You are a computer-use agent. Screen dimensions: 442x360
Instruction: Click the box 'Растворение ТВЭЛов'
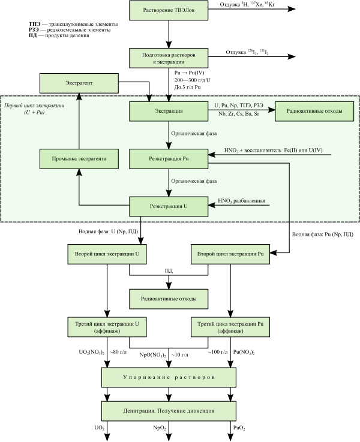pos(168,10)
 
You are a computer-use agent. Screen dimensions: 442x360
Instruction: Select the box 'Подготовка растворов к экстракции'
pos(168,58)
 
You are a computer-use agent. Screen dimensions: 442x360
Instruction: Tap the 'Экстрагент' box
pos(79,83)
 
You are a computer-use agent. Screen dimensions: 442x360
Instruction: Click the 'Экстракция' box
pos(168,111)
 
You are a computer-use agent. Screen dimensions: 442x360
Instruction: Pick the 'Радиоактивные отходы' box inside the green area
pos(314,111)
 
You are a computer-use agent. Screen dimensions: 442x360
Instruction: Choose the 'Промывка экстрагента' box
pos(79,159)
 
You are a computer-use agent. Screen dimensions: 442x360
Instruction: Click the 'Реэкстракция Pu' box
pos(168,159)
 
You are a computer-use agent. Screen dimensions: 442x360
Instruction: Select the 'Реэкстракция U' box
pos(168,206)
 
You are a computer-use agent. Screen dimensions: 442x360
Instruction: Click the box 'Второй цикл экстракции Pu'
pos(230,254)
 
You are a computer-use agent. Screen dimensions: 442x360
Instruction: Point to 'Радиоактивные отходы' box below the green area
pos(168,298)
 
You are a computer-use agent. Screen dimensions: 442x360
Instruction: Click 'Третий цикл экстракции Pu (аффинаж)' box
pos(230,327)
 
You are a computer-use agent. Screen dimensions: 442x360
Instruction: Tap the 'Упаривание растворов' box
pos(168,377)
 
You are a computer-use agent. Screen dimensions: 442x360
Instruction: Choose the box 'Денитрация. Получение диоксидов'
pos(168,411)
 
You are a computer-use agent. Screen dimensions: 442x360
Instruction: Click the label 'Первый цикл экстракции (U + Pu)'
pos(34,109)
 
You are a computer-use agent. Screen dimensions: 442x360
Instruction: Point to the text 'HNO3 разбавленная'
pos(241,202)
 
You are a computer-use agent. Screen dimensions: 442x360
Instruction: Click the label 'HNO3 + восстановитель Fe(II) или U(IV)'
pos(277,150)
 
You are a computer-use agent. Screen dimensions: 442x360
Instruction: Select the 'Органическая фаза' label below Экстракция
pos(194,134)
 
